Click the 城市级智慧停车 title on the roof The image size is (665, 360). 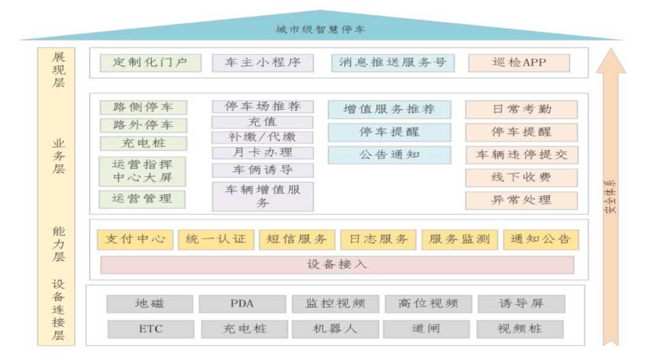tap(321, 29)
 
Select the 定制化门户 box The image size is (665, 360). tap(151, 63)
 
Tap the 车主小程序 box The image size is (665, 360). tap(263, 63)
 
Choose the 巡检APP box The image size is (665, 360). tap(519, 63)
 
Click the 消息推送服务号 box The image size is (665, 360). tap(393, 63)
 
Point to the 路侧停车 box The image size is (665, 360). tap(144, 107)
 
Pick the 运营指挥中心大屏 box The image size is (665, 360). tap(142, 172)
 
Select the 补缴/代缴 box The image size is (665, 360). tap(263, 137)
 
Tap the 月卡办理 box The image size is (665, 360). tap(263, 153)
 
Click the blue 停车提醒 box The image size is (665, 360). tap(390, 132)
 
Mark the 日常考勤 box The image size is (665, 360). tap(521, 110)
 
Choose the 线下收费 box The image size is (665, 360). tap(521, 178)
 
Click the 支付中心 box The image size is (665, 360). tap(135, 239)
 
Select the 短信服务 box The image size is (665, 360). tap(297, 239)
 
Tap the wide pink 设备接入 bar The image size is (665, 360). tap(337, 265)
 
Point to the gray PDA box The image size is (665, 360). tap(242, 304)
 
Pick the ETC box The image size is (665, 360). tap(151, 329)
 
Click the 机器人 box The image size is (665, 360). tap(335, 329)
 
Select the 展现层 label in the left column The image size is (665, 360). tap(59, 70)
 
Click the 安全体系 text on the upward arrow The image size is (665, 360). tap(610, 197)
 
